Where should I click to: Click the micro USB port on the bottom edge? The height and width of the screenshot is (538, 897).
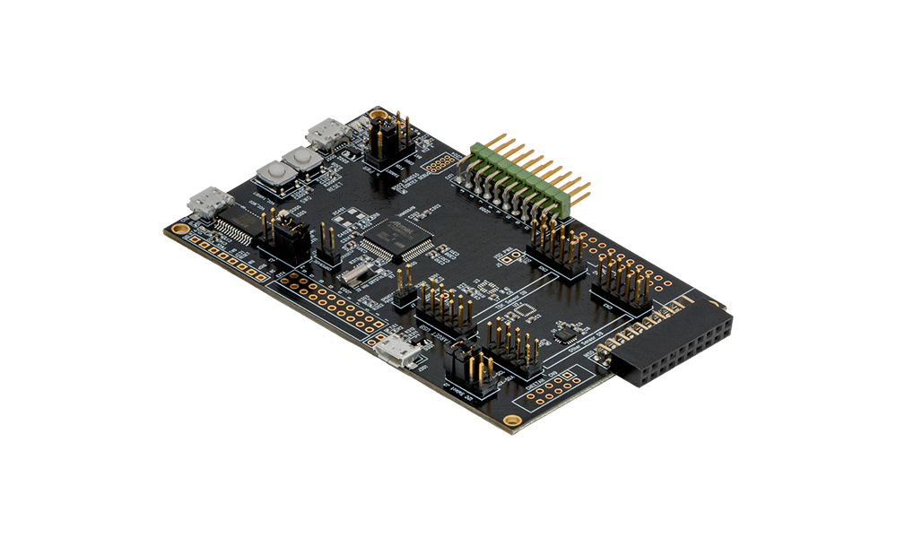[397, 352]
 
